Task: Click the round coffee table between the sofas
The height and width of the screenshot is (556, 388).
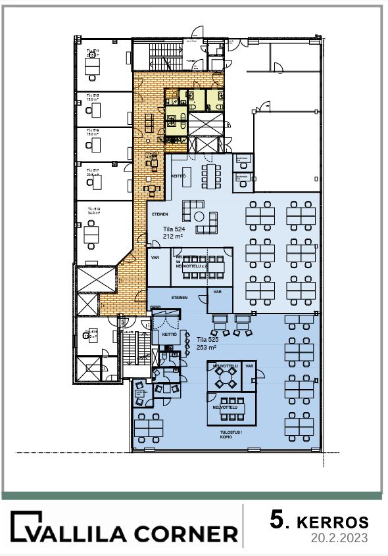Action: click(212, 218)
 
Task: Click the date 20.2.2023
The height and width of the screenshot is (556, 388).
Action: click(339, 538)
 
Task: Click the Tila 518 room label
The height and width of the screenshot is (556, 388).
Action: click(92, 208)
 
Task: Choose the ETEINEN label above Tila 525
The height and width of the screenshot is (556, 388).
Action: click(179, 298)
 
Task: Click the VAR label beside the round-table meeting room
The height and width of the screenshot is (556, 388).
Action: click(249, 365)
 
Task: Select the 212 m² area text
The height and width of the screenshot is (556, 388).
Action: click(173, 239)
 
